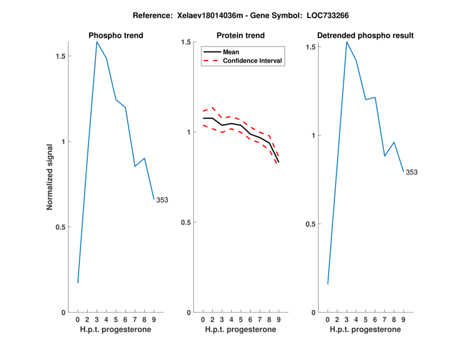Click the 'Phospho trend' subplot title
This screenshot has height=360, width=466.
[x=115, y=36]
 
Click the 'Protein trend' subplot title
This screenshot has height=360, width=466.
[x=241, y=36]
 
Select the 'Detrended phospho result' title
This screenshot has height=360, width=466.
[x=365, y=36]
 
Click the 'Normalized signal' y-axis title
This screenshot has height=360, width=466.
[x=51, y=177]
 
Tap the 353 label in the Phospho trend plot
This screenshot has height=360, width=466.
[x=162, y=200]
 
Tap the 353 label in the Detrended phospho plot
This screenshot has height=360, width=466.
[x=412, y=172]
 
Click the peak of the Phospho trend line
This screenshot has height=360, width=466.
[x=97, y=42]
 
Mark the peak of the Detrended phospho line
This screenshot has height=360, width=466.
[x=347, y=42]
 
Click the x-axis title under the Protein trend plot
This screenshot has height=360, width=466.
[x=241, y=330]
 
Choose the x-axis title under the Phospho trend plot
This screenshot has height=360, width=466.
[x=115, y=330]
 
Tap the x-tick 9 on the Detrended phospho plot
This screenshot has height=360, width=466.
[x=403, y=319]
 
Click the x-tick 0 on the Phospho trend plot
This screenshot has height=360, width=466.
[x=78, y=319]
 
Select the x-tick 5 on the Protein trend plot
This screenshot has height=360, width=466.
[x=241, y=319]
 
